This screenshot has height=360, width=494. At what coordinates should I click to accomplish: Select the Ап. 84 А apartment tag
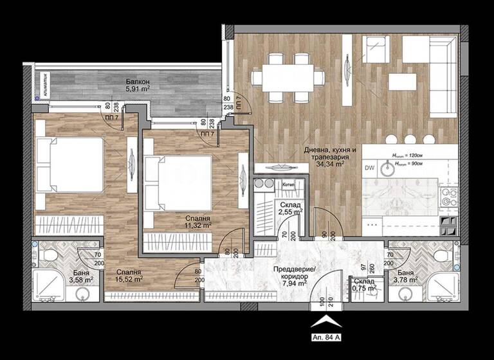click(x=326, y=336)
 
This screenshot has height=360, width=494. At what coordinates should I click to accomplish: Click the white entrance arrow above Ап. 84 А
click(x=326, y=319)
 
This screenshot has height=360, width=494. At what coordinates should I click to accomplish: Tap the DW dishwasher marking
click(x=370, y=168)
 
